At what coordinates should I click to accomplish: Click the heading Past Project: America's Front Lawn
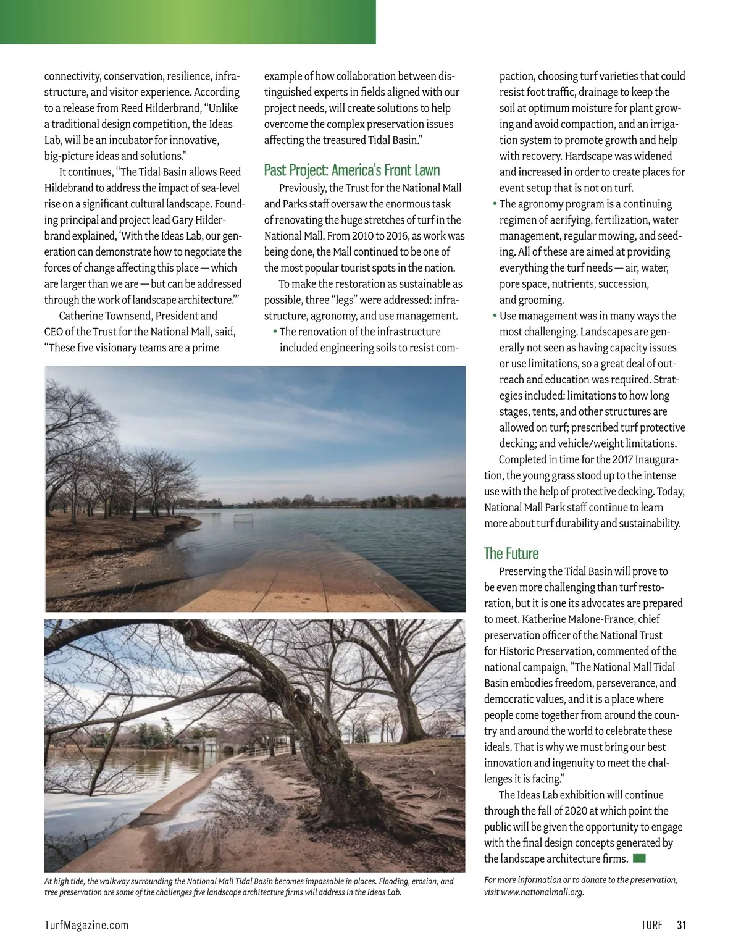click(x=352, y=170)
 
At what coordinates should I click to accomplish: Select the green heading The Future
click(x=511, y=553)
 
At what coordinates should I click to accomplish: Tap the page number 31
click(x=682, y=925)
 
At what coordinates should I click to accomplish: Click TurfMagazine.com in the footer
click(x=86, y=925)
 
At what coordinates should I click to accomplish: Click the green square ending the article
click(x=639, y=858)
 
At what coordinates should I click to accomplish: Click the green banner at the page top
click(x=188, y=22)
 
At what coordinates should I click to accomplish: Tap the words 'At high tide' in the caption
click(x=64, y=881)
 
